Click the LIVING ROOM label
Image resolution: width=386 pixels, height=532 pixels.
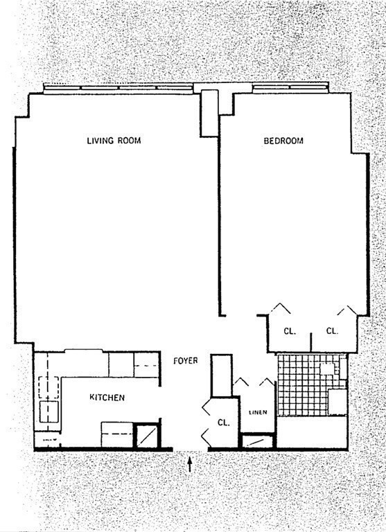click(114, 141)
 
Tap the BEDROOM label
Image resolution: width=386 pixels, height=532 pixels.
click(283, 141)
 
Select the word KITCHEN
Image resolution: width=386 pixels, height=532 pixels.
click(107, 398)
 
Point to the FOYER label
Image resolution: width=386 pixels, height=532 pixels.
click(186, 360)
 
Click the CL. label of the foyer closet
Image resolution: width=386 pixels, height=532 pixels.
click(223, 422)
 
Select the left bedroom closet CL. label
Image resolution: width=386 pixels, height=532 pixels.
click(289, 331)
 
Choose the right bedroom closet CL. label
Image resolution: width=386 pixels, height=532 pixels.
click(332, 331)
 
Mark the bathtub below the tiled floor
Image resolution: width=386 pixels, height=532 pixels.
click(312, 432)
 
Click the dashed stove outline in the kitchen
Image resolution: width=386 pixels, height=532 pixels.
click(116, 434)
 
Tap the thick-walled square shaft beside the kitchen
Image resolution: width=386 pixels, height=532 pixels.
click(147, 435)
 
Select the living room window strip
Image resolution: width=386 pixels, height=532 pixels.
click(118, 87)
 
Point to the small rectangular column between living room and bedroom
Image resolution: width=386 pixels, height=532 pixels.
click(209, 113)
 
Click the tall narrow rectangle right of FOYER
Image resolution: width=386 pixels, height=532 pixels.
click(221, 375)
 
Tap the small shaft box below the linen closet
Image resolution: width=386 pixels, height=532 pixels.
click(256, 441)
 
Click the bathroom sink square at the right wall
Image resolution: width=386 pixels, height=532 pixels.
click(337, 401)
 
